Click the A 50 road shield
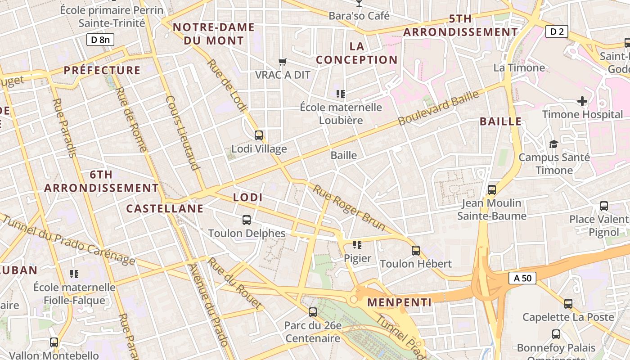pyautogui.click(x=522, y=278)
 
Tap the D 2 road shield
pyautogui.click(x=557, y=31)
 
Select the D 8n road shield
pyautogui.click(x=100, y=40)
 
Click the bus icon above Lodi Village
pyautogui.click(x=259, y=135)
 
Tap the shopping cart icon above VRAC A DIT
pyautogui.click(x=283, y=62)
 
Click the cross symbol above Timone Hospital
pyautogui.click(x=582, y=101)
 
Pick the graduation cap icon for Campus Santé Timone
pyautogui.click(x=553, y=144)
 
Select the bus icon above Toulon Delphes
pyautogui.click(x=247, y=220)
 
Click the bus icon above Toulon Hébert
pyautogui.click(x=416, y=250)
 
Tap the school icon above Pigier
pyautogui.click(x=357, y=245)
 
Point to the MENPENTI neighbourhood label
pyautogui.click(x=400, y=302)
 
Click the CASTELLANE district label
pyautogui.click(x=165, y=209)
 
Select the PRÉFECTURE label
pyautogui.click(x=102, y=70)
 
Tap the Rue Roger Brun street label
pyautogui.click(x=349, y=208)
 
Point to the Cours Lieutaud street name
pyautogui.click(x=183, y=133)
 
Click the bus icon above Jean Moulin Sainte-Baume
pyautogui.click(x=492, y=190)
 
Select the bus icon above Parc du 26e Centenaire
pyautogui.click(x=313, y=312)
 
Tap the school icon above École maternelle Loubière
pyautogui.click(x=341, y=94)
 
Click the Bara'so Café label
pyautogui.click(x=359, y=16)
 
